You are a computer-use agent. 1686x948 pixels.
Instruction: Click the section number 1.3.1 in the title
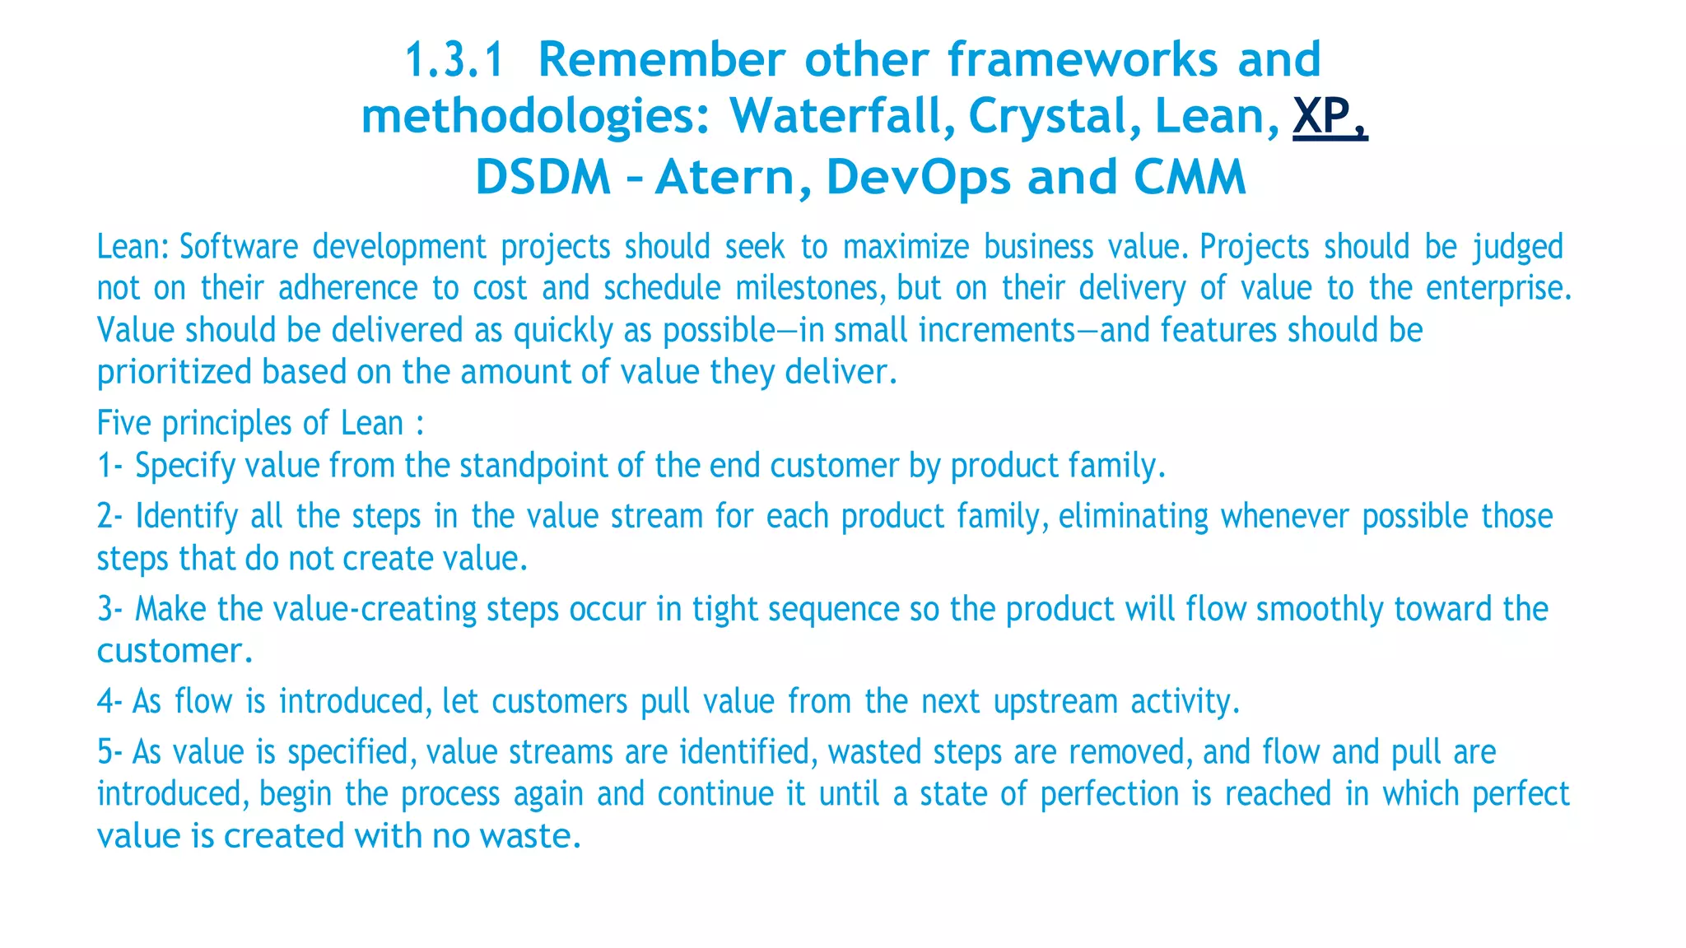coord(454,60)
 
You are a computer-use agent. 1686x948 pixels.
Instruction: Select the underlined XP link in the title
coord(1329,116)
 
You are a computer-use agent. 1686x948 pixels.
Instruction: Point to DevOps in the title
coord(918,177)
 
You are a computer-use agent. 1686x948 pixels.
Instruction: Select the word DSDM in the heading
coord(543,177)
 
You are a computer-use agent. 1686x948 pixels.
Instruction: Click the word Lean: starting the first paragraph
coord(133,247)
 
